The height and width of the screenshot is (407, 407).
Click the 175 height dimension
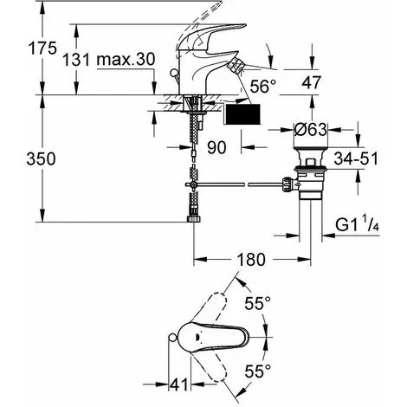coord(42,48)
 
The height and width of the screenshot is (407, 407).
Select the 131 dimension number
coord(76,60)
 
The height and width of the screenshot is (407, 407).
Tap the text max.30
coord(126,59)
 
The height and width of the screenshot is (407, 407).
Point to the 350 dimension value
coord(41,158)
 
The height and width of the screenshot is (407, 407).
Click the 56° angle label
coord(263,86)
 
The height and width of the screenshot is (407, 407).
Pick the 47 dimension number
coord(312,82)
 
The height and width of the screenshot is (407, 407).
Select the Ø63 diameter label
coord(311,130)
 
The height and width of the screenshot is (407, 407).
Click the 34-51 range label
coord(356,158)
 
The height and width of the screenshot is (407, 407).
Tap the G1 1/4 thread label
coord(358,224)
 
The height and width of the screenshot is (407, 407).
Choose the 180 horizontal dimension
coord(251,259)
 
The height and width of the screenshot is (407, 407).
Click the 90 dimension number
coord(216,147)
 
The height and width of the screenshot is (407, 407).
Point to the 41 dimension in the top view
coord(179,384)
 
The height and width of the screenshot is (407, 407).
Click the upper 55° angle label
coord(258,303)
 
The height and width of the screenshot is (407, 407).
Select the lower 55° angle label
coord(258,371)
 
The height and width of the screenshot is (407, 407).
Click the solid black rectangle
coord(242,114)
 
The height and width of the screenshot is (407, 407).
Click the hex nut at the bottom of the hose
coord(193,218)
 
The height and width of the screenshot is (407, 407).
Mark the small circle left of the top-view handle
coord(172,337)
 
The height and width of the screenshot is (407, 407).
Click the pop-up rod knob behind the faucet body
coord(174,73)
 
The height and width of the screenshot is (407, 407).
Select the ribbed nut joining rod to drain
coord(287,184)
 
